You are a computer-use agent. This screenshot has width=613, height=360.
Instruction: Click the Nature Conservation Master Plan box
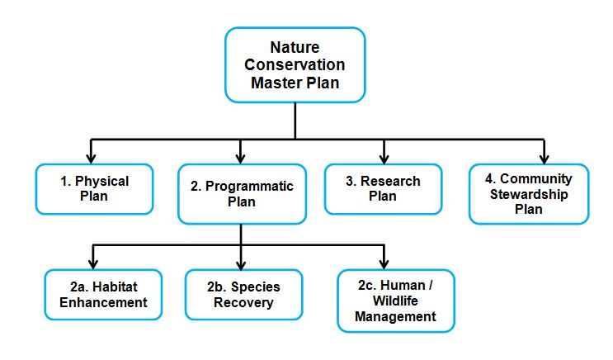click(295, 65)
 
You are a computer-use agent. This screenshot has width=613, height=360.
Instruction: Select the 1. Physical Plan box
click(94, 189)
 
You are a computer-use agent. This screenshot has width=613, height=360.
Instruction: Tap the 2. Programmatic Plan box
click(241, 194)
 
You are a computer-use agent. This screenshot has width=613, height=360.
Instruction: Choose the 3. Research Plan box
click(383, 188)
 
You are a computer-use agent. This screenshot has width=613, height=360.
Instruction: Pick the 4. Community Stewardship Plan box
click(529, 193)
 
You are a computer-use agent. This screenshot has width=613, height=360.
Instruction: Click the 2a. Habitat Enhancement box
click(97, 295)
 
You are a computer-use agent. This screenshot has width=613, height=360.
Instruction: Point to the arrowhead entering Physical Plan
click(91, 157)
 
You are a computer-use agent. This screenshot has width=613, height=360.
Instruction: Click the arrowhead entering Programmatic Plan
click(241, 157)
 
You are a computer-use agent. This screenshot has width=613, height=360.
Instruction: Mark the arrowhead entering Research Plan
click(384, 157)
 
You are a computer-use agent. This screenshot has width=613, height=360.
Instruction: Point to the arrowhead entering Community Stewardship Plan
click(544, 157)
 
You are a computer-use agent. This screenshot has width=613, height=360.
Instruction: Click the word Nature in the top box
click(295, 48)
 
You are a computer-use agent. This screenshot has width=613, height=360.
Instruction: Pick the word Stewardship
click(529, 194)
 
